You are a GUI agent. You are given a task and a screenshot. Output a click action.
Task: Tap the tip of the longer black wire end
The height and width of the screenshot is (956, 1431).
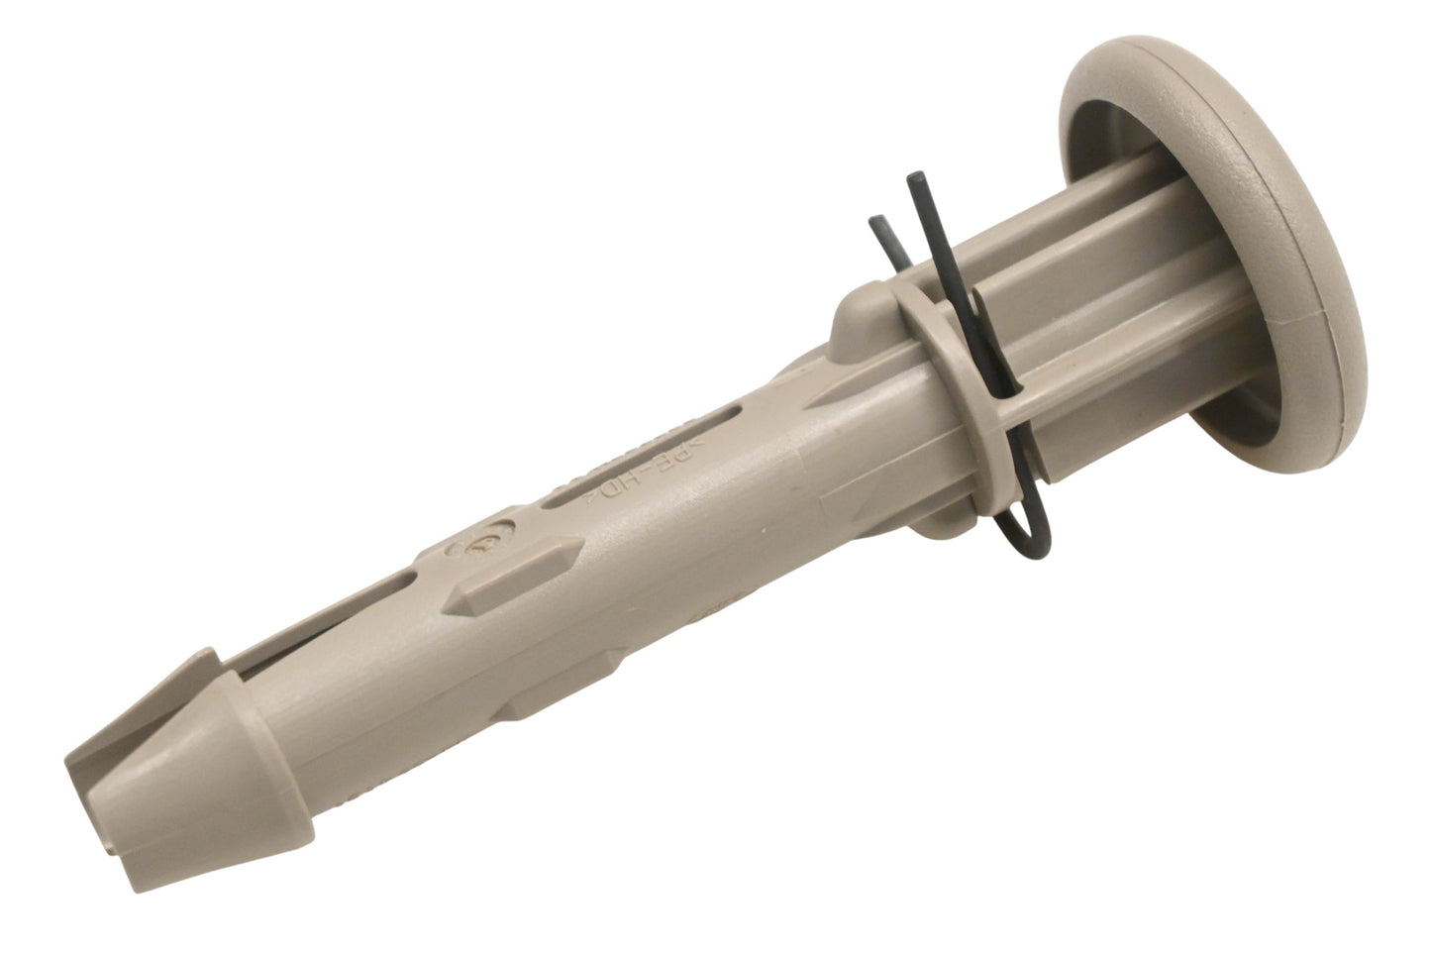coord(915,175)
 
